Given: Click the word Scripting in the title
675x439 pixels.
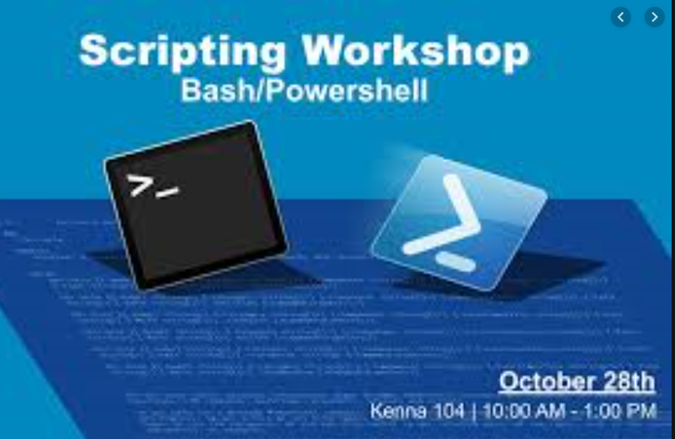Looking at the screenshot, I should [x=182, y=53].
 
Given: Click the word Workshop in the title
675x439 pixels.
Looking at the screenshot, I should [x=416, y=52].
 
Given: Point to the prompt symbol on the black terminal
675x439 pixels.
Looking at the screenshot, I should [x=152, y=186].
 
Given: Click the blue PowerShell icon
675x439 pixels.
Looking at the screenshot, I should [x=458, y=222].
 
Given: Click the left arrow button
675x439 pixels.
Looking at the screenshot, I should [x=621, y=16].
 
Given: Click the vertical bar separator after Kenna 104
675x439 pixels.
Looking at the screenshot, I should [x=473, y=412].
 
